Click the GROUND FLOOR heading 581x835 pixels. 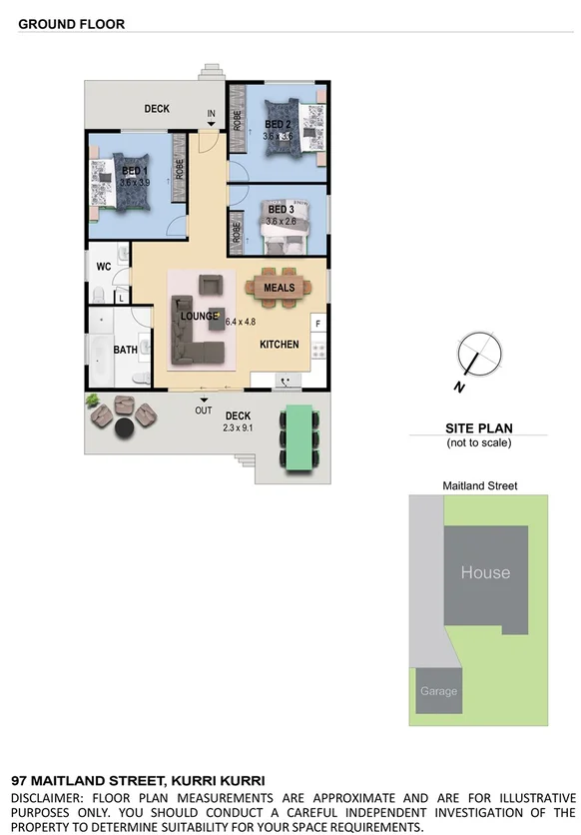click(x=72, y=24)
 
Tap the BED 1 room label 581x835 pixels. click(x=134, y=172)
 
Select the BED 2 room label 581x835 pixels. click(x=277, y=124)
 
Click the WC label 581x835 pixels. click(x=103, y=267)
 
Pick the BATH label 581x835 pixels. click(x=125, y=350)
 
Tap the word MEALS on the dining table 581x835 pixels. click(x=280, y=288)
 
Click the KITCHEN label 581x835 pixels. click(x=280, y=345)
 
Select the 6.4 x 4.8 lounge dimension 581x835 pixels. click(x=241, y=322)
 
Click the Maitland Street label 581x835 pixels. click(x=479, y=486)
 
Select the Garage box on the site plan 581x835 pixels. click(x=438, y=691)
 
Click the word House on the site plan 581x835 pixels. click(x=485, y=573)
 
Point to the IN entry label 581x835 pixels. click(x=211, y=114)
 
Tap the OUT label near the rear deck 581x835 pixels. click(x=204, y=410)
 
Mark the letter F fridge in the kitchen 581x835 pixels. click(x=317, y=324)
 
